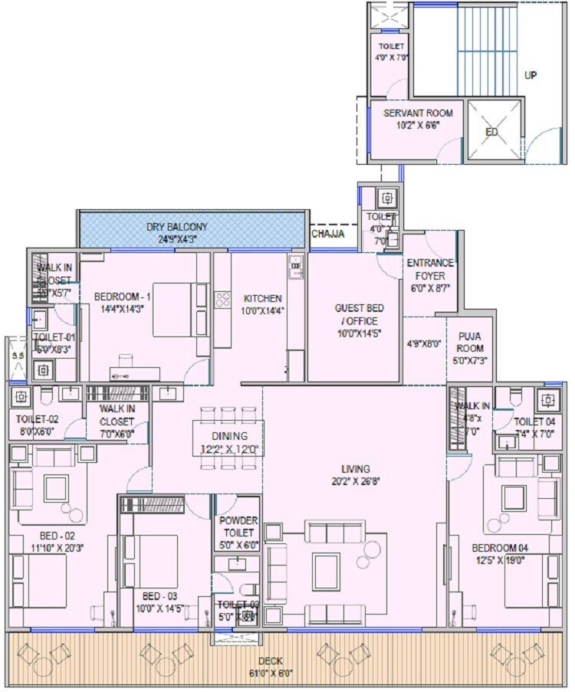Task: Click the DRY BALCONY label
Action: (x=177, y=227)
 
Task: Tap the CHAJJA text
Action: (x=327, y=234)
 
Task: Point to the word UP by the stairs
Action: (x=531, y=75)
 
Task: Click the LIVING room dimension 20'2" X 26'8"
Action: (x=356, y=481)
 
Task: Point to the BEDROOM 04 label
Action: (x=500, y=547)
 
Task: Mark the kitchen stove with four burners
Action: (x=222, y=300)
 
